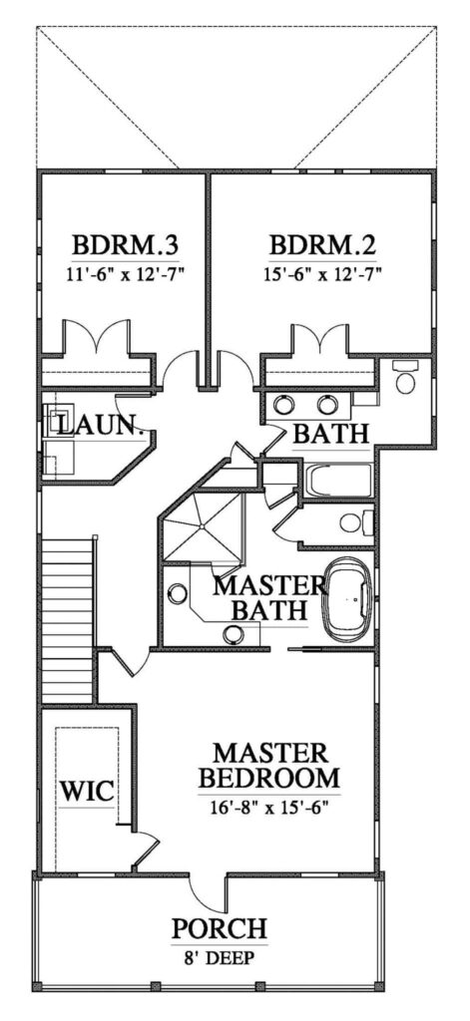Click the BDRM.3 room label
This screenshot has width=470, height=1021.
(126, 247)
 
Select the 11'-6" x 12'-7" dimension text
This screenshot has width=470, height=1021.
(126, 274)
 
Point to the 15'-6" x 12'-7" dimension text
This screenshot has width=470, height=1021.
(323, 274)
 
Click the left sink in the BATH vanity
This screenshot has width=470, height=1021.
(283, 405)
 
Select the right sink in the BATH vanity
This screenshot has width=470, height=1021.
(327, 405)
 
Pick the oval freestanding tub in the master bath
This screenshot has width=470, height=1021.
(348, 600)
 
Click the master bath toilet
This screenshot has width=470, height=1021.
(356, 522)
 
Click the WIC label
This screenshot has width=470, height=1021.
(88, 792)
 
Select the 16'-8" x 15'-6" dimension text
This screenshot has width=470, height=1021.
(269, 808)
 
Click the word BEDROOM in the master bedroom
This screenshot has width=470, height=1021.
(269, 778)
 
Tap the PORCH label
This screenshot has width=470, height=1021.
(219, 928)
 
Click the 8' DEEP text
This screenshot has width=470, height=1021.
(220, 958)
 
